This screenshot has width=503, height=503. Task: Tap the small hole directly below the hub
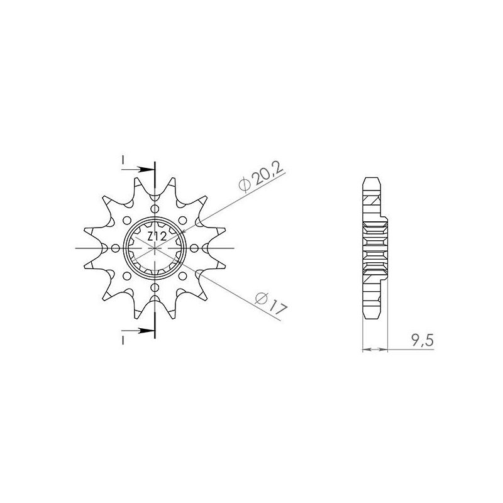(155, 287)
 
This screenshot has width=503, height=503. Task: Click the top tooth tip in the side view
(371, 179)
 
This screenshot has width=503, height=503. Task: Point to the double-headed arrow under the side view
(375, 347)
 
